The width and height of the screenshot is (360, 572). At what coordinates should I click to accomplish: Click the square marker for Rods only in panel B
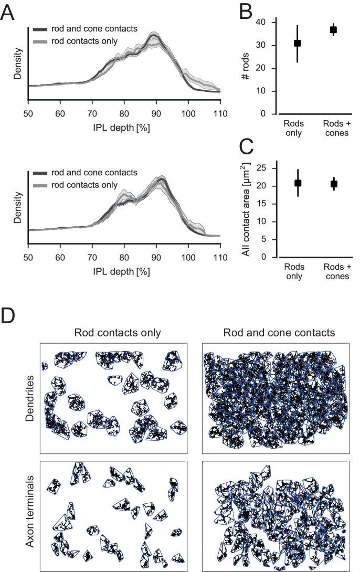pyautogui.click(x=297, y=43)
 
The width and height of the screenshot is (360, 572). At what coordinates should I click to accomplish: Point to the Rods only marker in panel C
pyautogui.click(x=298, y=183)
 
